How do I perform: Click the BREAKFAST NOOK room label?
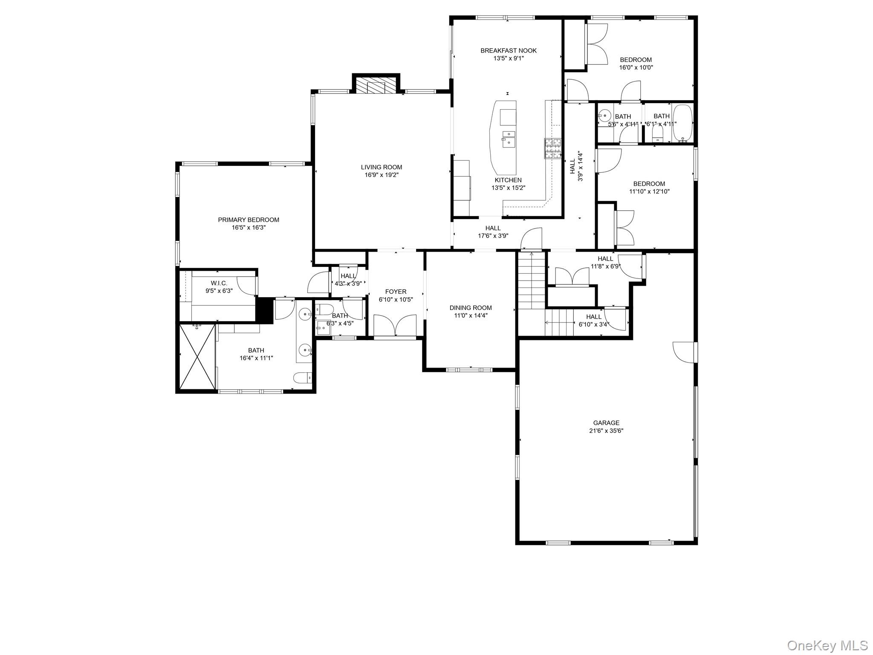[x=508, y=50]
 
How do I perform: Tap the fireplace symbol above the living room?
[x=376, y=87]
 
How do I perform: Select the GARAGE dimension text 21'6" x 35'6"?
[x=606, y=431]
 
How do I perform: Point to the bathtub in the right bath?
[x=682, y=123]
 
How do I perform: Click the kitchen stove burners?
[x=552, y=149]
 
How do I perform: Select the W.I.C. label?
[x=219, y=283]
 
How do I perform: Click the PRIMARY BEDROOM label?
[x=249, y=220]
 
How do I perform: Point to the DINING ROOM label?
[x=470, y=307]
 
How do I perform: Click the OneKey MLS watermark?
[x=827, y=645]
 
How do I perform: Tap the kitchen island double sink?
[x=508, y=139]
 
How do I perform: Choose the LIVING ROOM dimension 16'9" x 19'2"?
[x=381, y=175]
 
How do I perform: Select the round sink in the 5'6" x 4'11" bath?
[x=604, y=115]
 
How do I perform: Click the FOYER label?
[x=396, y=292]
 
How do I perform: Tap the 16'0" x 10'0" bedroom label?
[x=636, y=60]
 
